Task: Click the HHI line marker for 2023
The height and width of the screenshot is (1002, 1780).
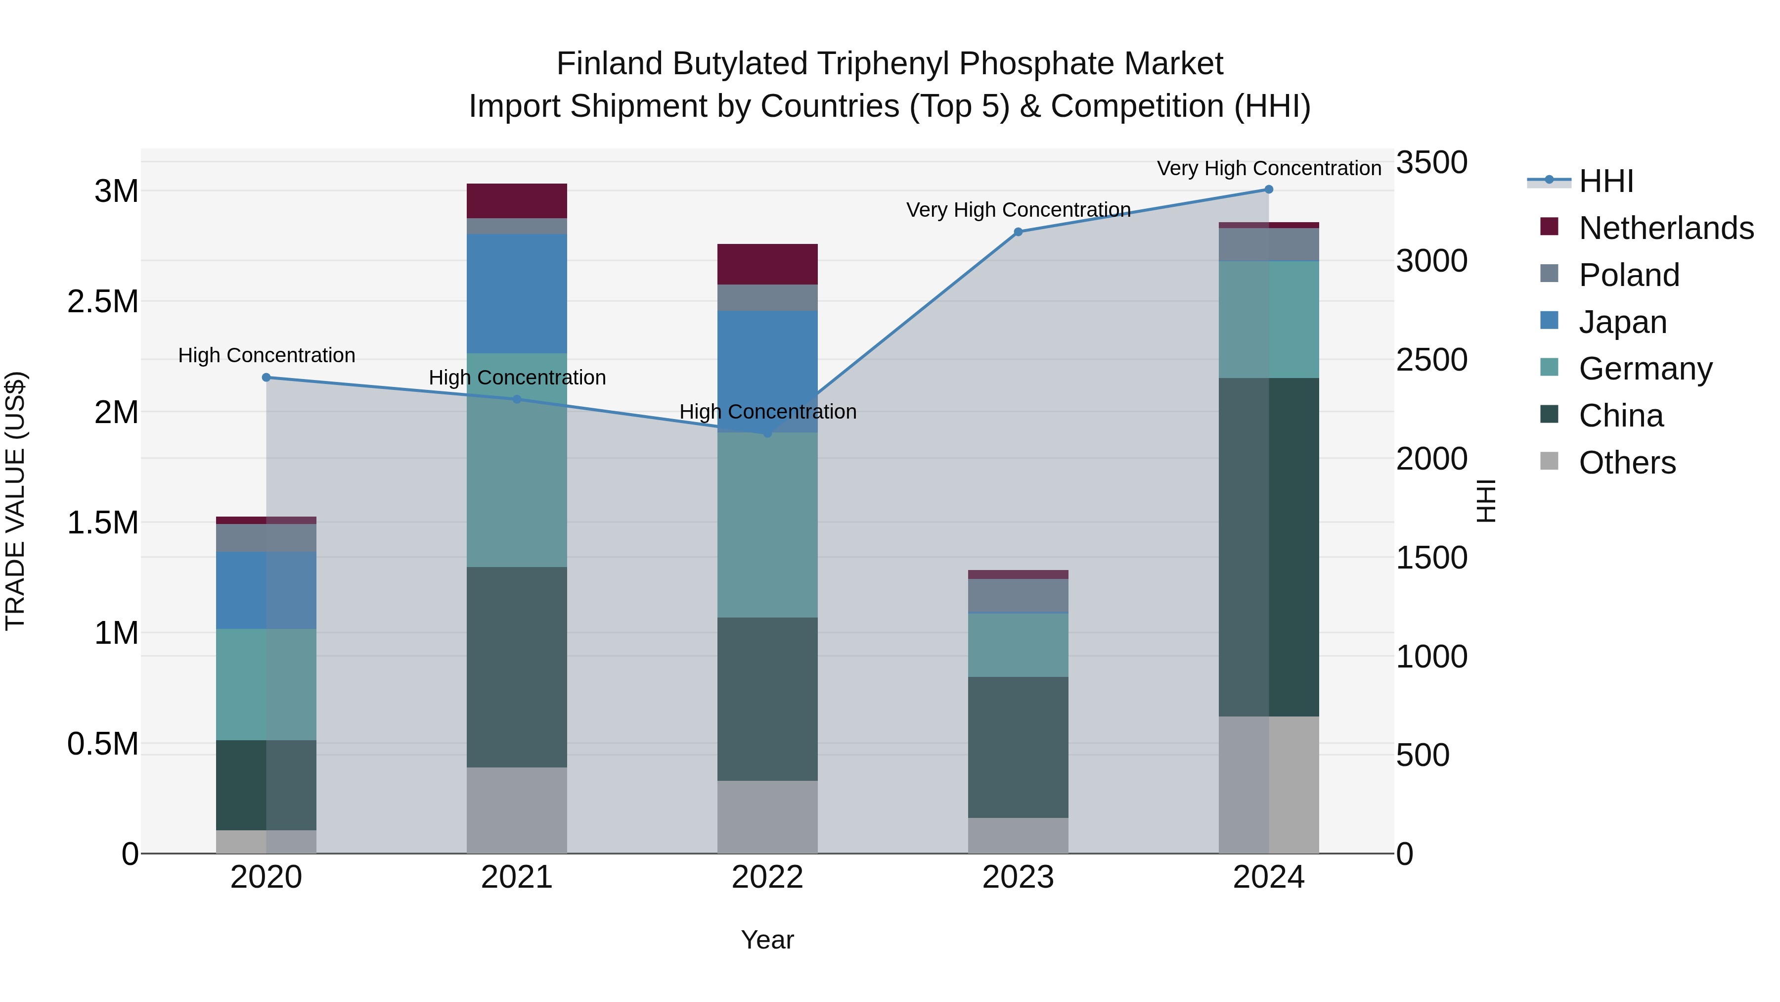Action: pyautogui.click(x=1018, y=232)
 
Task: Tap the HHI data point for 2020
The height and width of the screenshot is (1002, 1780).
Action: pyautogui.click(x=266, y=377)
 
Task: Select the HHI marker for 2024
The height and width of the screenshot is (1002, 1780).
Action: pyautogui.click(x=1269, y=189)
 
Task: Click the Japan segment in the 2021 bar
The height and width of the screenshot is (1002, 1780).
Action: pyautogui.click(x=517, y=293)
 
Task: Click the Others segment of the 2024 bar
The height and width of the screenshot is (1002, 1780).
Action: pyautogui.click(x=1269, y=784)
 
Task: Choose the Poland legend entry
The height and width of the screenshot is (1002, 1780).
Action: pyautogui.click(x=1629, y=275)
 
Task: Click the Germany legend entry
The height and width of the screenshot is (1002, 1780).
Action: pyautogui.click(x=1645, y=369)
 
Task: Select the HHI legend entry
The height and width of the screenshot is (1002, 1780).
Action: pyautogui.click(x=1606, y=181)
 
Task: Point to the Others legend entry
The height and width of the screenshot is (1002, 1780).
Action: pyautogui.click(x=1627, y=463)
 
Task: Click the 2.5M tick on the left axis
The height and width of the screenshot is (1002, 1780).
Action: pyautogui.click(x=102, y=301)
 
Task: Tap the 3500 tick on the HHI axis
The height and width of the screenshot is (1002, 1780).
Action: pyautogui.click(x=1432, y=162)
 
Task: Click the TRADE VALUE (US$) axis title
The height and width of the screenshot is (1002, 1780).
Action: pyautogui.click(x=15, y=501)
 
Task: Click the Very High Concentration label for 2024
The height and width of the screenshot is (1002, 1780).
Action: pyautogui.click(x=1269, y=168)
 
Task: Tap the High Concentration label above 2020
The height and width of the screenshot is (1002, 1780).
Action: pyautogui.click(x=266, y=355)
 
